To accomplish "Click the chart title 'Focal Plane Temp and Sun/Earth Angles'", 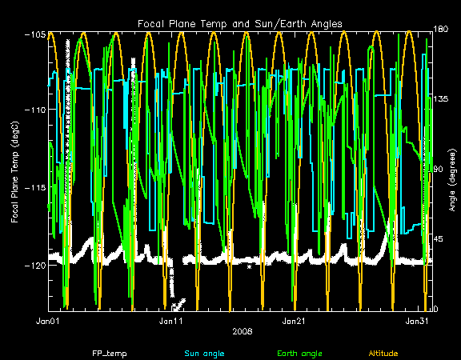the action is (x=240, y=24).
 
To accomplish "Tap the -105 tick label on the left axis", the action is (x=35, y=34).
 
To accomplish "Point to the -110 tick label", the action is (x=35, y=110).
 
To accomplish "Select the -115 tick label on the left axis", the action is (x=35, y=187).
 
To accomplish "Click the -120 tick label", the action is (x=35, y=266).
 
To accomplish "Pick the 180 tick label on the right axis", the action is (x=440, y=29).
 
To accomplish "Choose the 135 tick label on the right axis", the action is (x=440, y=98).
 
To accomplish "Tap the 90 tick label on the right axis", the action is (x=439, y=170).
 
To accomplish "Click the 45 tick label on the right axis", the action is (x=439, y=239).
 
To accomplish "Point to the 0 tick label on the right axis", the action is (x=435, y=309).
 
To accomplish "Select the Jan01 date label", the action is (x=48, y=321).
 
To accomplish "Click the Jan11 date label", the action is (x=170, y=321).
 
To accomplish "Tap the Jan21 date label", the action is (x=294, y=321).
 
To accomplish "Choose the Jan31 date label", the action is (x=417, y=321).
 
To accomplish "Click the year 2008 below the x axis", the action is (x=243, y=331).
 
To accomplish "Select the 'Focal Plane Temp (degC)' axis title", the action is (x=14, y=172).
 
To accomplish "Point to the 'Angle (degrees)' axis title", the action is (x=453, y=180).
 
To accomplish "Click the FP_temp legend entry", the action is (x=110, y=354).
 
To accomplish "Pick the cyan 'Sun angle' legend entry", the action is (x=204, y=354).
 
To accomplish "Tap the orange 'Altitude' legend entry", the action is (x=383, y=354).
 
